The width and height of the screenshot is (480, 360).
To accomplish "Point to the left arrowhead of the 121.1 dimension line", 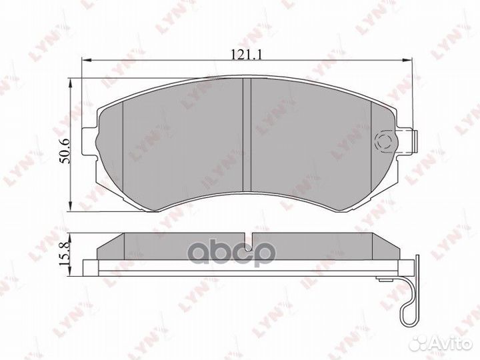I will point(85,60).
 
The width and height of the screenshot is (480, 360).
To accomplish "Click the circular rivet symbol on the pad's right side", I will point(385,141).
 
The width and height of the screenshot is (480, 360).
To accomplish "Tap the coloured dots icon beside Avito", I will point(419,343).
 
